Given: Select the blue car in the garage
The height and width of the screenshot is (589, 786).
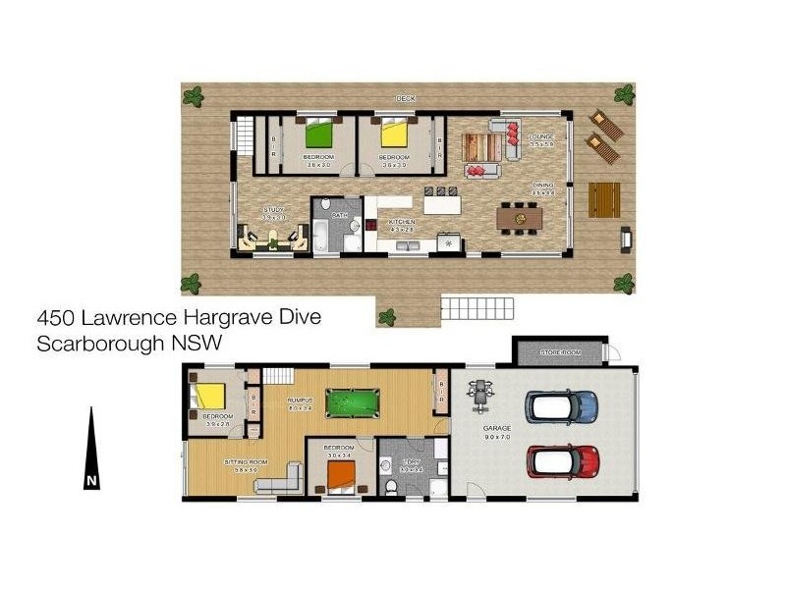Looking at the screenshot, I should tap(562, 403).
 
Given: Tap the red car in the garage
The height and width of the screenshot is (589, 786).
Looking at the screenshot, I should tap(563, 458).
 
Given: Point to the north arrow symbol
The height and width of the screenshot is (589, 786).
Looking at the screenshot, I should tap(91, 447).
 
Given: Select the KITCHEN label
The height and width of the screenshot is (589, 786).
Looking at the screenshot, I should tap(402, 223).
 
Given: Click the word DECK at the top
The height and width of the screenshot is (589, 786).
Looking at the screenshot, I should tap(405, 98).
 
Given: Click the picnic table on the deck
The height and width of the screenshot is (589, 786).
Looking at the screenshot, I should tap(604, 199).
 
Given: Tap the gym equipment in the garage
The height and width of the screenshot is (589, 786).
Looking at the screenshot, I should tap(480, 390).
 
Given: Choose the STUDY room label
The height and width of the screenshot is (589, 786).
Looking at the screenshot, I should tap(274, 210).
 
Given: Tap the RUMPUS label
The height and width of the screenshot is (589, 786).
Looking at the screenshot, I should tap(300, 400).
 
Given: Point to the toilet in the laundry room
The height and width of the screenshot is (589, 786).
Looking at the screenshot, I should tap(392, 485).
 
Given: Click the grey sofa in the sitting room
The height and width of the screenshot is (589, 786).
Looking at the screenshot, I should tap(280, 480).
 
